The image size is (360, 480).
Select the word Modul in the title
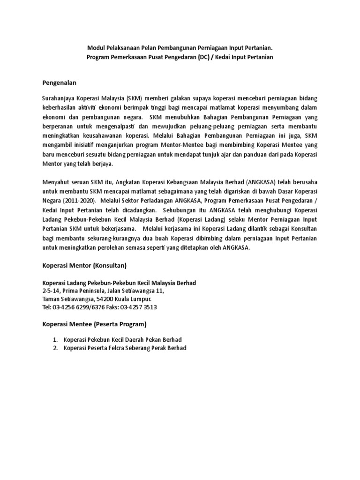coord(97,48)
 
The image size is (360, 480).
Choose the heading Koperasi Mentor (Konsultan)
coord(84,266)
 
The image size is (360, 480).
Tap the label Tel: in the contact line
coord(48,307)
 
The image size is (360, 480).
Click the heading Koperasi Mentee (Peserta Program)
coord(94,324)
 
